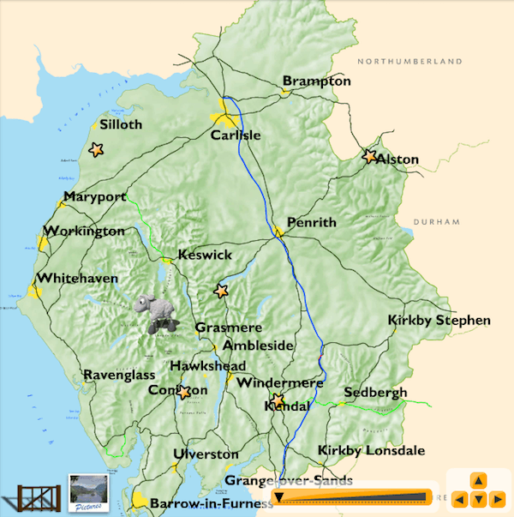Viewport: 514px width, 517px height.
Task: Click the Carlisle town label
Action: click(236, 135)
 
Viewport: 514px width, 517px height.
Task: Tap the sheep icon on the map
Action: click(158, 315)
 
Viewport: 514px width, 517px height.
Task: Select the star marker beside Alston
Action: click(370, 157)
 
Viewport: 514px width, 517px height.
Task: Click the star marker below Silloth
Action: click(96, 150)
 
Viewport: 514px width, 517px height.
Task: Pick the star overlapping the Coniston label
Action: click(183, 393)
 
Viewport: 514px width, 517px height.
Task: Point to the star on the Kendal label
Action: click(278, 400)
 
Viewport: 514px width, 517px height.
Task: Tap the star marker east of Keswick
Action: click(222, 292)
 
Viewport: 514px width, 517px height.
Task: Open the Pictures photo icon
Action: click(87, 493)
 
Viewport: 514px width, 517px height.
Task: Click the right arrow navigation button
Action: click(498, 499)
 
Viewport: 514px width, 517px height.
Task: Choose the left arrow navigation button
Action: click(460, 499)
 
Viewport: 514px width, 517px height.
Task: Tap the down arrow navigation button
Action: click(479, 499)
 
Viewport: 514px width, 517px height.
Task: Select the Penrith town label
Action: click(312, 222)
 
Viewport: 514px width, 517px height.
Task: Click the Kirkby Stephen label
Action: click(439, 321)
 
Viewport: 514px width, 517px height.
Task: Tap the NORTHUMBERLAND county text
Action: click(410, 62)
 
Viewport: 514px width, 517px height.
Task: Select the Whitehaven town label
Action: click(80, 279)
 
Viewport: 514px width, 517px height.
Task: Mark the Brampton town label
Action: click(317, 81)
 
